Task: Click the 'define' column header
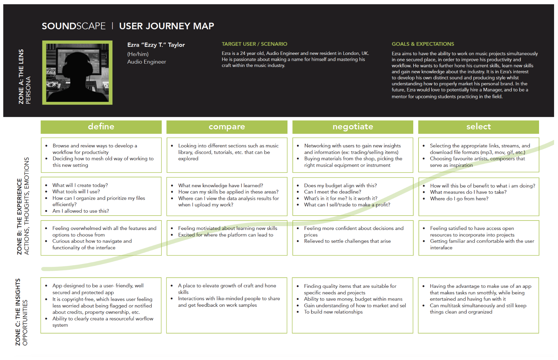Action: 101,127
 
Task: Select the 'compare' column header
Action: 227,127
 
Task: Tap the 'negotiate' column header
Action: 353,127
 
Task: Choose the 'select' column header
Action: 479,127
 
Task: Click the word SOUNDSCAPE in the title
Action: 74,26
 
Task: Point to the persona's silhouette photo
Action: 77,73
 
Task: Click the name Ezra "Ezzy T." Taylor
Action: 156,45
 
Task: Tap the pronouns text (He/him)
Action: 138,54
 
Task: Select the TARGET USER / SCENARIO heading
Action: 254,44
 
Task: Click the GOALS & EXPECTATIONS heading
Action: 423,44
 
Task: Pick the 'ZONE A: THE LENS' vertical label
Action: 21,76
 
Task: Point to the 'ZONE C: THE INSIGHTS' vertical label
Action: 18,312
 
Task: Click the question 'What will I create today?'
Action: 80,185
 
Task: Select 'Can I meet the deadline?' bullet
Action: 333,192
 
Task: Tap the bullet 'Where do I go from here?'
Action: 459,199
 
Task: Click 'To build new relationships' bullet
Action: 333,312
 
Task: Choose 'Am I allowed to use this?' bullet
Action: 81,211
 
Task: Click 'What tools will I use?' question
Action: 76,191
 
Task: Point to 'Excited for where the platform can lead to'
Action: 225,235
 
